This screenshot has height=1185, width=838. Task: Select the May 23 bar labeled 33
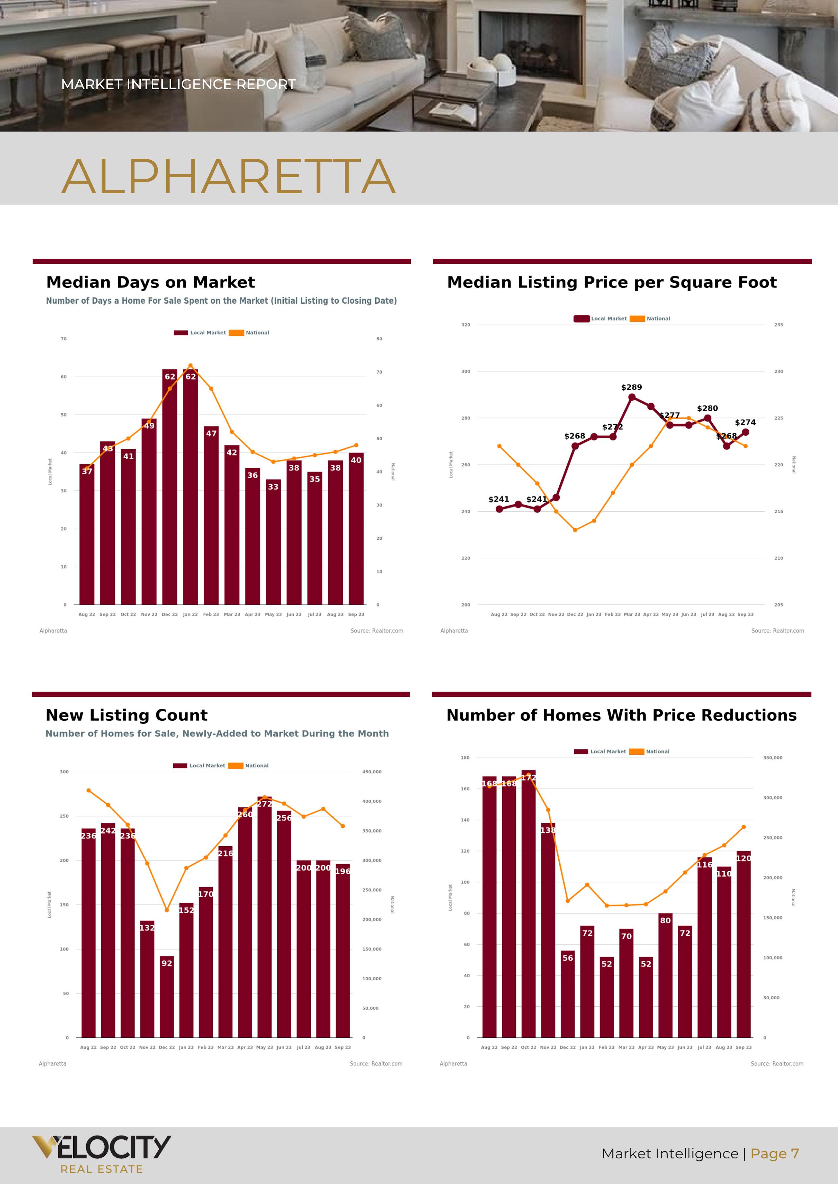[273, 542]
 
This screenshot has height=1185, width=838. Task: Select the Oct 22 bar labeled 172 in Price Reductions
[528, 904]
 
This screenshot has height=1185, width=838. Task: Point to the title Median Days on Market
[150, 282]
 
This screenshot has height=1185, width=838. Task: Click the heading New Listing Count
[127, 715]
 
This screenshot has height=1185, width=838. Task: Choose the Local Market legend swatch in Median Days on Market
[181, 333]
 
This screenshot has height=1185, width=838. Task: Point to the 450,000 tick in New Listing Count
[372, 772]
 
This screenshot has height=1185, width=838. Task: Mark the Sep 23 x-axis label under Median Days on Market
[356, 615]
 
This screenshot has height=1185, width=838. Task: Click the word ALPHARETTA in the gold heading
[229, 177]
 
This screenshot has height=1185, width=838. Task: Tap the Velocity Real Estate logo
[101, 1154]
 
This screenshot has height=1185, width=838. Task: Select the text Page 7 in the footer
[774, 1154]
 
